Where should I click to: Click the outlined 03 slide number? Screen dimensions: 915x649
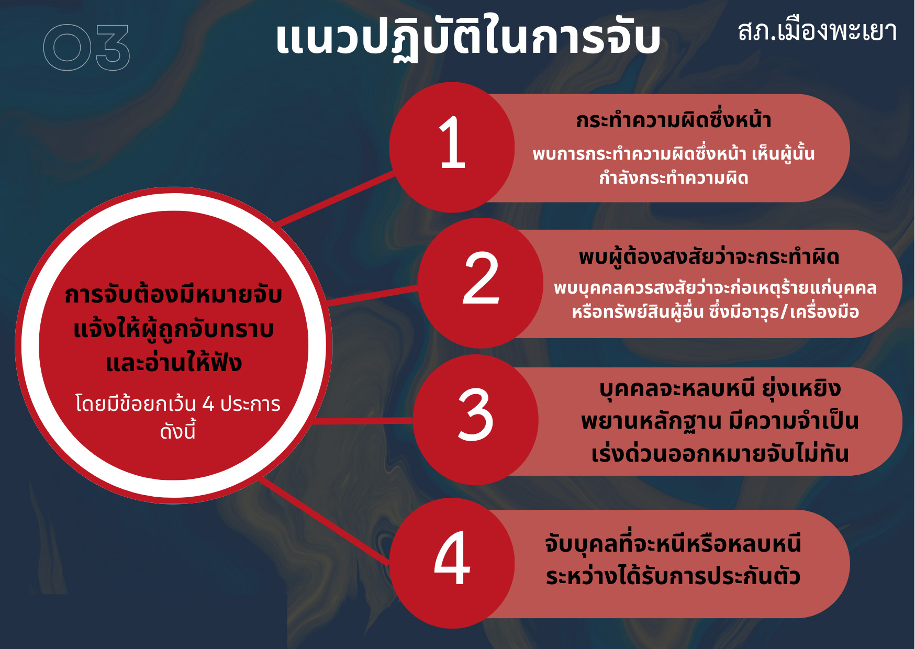(86, 48)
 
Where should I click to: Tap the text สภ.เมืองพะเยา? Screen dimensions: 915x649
(817, 31)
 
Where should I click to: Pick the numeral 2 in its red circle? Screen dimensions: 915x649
(481, 278)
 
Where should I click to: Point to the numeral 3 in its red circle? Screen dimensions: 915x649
(475, 415)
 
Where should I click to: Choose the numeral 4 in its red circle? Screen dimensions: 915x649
(452, 558)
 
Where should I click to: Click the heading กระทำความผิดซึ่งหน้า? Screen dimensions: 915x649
(674, 120)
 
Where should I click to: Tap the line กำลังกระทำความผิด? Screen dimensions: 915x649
(674, 178)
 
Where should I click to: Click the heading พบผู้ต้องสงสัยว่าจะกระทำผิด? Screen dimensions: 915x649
(709, 257)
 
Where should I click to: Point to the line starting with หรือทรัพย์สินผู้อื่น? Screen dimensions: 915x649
(715, 312)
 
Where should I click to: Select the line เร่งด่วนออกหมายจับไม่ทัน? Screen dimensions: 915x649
(720, 453)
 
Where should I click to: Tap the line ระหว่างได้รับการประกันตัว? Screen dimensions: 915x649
(673, 576)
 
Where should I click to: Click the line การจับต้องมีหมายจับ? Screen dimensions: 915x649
(173, 295)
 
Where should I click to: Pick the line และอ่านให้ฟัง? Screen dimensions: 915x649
(173, 363)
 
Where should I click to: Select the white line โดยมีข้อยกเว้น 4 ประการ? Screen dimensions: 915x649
(178, 404)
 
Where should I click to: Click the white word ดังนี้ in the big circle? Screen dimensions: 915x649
(178, 431)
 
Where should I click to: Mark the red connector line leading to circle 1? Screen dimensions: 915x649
(336, 199)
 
